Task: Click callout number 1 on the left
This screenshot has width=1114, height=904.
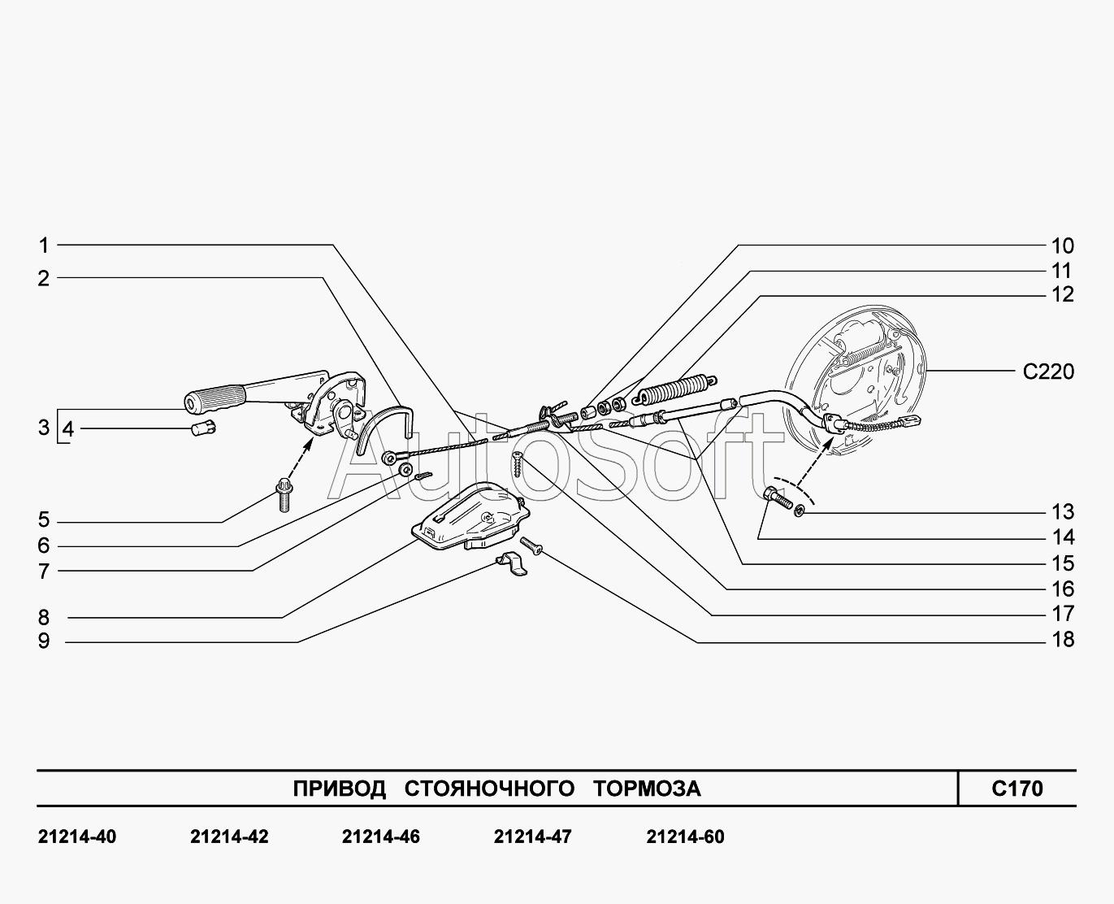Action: pos(44,245)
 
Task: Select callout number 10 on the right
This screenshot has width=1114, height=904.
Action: pos(1062,246)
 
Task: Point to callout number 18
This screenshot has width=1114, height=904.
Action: pos(1062,640)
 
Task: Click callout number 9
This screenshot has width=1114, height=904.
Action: pos(44,641)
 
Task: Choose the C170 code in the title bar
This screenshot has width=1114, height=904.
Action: pos(1016,788)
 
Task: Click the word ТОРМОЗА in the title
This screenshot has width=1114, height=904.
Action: pos(647,789)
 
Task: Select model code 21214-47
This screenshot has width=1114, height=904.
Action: pos(532,837)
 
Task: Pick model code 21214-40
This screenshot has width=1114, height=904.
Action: pos(77,837)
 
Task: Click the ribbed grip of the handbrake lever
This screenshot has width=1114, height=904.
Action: pos(215,400)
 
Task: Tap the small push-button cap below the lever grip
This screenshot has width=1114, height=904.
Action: pos(202,428)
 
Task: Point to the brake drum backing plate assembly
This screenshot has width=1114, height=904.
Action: pos(861,366)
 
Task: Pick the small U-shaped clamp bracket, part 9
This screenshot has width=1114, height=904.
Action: pos(511,563)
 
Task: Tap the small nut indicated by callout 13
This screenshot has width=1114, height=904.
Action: pos(800,511)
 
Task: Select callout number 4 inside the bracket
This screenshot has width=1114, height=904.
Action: pos(68,428)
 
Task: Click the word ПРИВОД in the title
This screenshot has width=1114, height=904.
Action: pos(339,789)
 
